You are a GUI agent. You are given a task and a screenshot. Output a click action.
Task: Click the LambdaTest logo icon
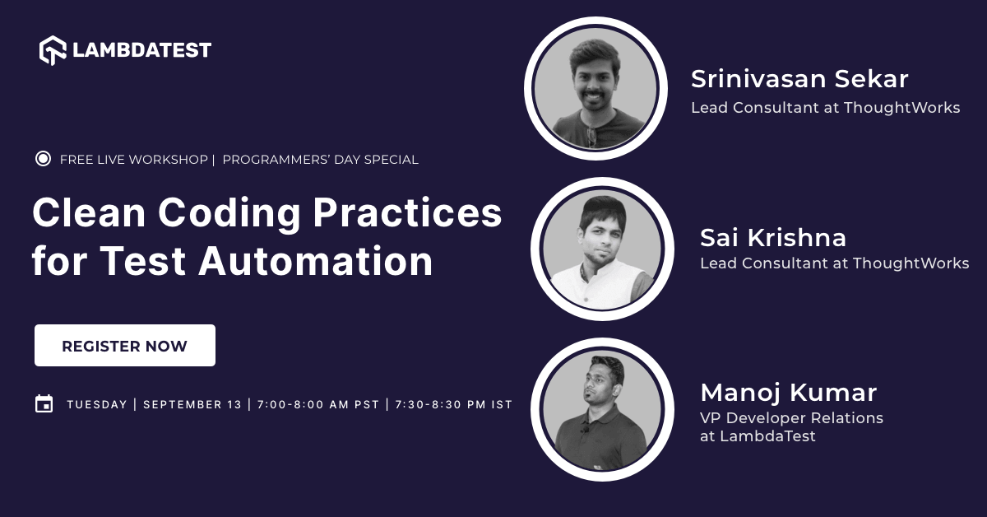pyautogui.click(x=53, y=50)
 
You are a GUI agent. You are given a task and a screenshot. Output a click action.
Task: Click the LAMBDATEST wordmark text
pyautogui.click(x=141, y=50)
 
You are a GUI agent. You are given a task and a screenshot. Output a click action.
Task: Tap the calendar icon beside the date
pyautogui.click(x=44, y=403)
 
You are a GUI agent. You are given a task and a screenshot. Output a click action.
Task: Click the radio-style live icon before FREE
pyautogui.click(x=44, y=159)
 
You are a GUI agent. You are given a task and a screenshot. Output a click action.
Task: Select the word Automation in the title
pyautogui.click(x=315, y=261)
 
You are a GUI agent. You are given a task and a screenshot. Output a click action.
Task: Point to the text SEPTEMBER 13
pyautogui.click(x=192, y=404)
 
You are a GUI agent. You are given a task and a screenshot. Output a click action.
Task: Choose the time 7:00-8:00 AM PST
pyautogui.click(x=317, y=404)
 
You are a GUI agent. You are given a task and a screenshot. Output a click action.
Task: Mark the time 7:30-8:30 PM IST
pyautogui.click(x=453, y=404)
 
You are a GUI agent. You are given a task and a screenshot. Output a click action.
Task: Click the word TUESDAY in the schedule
pyautogui.click(x=97, y=404)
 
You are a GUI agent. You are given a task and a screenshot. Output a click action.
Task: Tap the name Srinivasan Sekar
pyautogui.click(x=799, y=79)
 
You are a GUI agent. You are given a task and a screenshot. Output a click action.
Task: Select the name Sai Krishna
pyautogui.click(x=772, y=238)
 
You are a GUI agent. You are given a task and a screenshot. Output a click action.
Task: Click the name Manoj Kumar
pyautogui.click(x=788, y=392)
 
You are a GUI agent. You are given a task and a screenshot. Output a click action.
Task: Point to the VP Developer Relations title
pyautogui.click(x=791, y=418)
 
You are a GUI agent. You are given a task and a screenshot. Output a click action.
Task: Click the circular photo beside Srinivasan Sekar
pyautogui.click(x=595, y=88)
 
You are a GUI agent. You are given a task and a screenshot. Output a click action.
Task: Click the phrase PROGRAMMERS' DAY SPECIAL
pyautogui.click(x=320, y=160)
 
